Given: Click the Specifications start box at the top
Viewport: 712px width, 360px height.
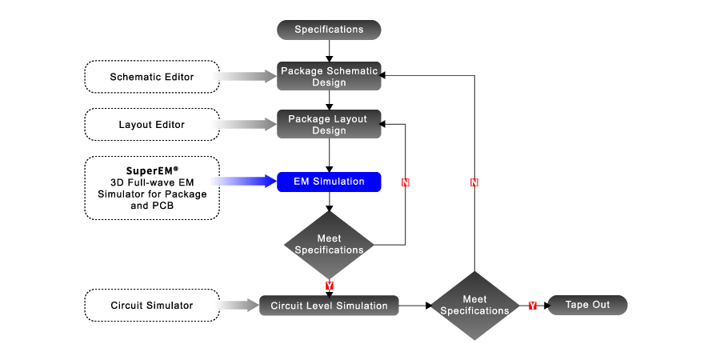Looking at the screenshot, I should tap(329, 30).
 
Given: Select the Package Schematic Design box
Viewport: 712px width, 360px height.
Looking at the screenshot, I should tap(329, 77).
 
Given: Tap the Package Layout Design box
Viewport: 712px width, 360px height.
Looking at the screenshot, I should tap(329, 125).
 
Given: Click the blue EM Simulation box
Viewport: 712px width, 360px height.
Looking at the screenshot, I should tap(329, 182).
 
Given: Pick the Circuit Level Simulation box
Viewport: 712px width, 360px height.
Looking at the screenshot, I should tap(329, 306).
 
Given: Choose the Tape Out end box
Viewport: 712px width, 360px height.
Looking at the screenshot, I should tap(587, 306).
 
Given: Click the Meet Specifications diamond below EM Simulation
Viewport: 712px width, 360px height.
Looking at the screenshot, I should tap(329, 245).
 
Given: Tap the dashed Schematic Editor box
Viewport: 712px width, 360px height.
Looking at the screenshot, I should tap(152, 77).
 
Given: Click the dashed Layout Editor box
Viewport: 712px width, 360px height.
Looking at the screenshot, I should tap(152, 125).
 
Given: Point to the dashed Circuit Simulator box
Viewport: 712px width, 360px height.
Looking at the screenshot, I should tap(152, 306).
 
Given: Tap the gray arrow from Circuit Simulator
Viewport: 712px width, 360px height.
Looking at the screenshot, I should tap(238, 306).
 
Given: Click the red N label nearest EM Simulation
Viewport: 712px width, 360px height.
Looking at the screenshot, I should tap(406, 183).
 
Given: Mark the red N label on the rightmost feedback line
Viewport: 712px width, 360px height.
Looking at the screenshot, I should tap(474, 183).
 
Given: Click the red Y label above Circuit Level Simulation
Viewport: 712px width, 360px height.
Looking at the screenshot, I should tap(329, 285).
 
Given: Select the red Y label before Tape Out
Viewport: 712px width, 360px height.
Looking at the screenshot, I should tap(532, 306).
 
